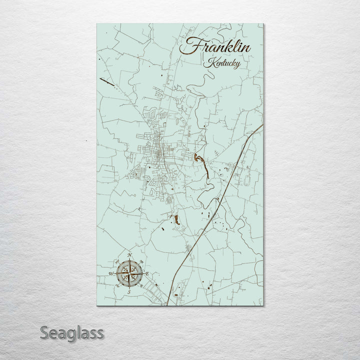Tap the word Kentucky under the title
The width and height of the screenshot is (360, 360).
[221, 64]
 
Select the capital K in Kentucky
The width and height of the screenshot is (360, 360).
[207, 63]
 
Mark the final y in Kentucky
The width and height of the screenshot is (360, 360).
[237, 65]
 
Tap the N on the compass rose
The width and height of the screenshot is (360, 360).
[129, 255]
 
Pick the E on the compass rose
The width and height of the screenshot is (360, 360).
[147, 273]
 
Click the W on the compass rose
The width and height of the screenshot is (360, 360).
[111, 274]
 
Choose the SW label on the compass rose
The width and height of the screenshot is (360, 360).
[117, 285]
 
